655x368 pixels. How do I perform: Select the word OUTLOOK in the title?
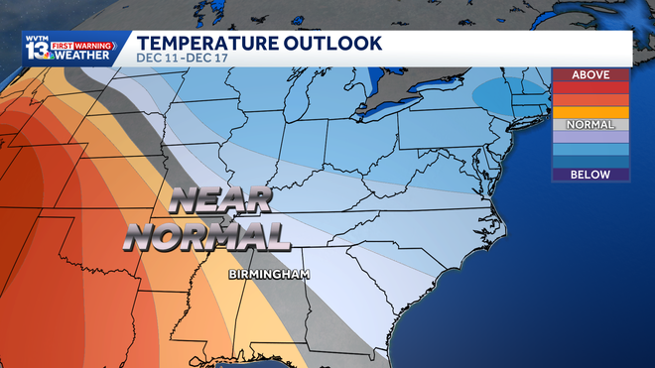(333, 43)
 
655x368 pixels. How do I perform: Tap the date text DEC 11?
(157, 59)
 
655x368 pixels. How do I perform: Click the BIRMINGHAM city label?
(269, 273)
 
